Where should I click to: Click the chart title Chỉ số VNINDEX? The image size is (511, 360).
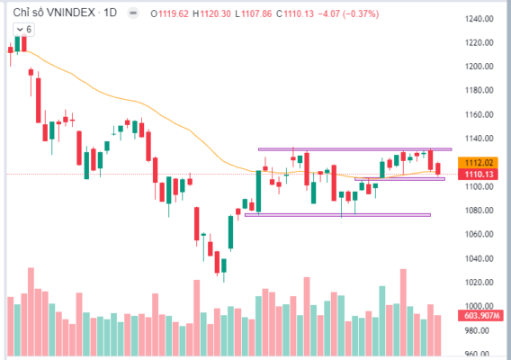point(54,13)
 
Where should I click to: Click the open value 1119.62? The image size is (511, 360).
point(174,14)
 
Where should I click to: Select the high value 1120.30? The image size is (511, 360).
point(215,14)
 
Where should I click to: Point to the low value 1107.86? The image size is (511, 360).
point(256,14)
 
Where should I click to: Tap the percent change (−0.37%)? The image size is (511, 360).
point(361,14)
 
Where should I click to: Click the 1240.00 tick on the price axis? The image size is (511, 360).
point(479,19)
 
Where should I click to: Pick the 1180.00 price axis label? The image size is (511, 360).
point(479,90)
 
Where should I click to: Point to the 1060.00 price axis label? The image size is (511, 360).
point(479,234)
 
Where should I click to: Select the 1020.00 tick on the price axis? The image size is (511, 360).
point(479,282)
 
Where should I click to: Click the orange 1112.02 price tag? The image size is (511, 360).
point(478,162)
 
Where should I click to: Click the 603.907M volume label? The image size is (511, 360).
point(480,316)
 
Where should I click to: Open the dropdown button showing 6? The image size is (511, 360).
point(23,30)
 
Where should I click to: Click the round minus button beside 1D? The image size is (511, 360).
point(133,13)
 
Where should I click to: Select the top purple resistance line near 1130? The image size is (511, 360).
point(354,149)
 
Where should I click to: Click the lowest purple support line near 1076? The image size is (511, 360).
point(337,215)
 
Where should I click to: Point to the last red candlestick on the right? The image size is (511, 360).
point(437,168)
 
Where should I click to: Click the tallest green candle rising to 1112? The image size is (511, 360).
point(259,192)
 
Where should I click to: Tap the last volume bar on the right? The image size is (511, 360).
point(437,335)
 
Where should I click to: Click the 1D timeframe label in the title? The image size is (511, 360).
point(110,13)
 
